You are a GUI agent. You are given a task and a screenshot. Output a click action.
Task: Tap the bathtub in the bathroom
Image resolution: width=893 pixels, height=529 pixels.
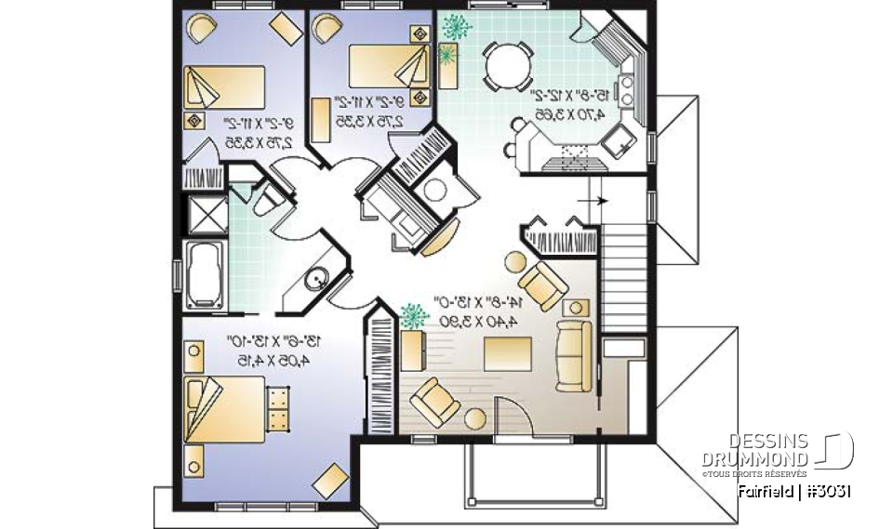(x=204, y=274)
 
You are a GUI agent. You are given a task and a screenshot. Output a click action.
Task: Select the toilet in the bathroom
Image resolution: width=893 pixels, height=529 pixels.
(x=265, y=199)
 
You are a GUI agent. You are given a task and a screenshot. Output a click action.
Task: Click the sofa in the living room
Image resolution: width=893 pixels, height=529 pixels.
(x=572, y=354)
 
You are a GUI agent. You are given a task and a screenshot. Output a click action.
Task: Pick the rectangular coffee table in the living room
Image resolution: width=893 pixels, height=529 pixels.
(x=507, y=354)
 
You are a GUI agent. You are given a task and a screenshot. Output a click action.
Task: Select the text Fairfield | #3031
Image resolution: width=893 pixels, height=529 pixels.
(x=794, y=490)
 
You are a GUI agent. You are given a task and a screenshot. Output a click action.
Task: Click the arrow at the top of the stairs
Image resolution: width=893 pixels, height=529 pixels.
(x=595, y=201)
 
